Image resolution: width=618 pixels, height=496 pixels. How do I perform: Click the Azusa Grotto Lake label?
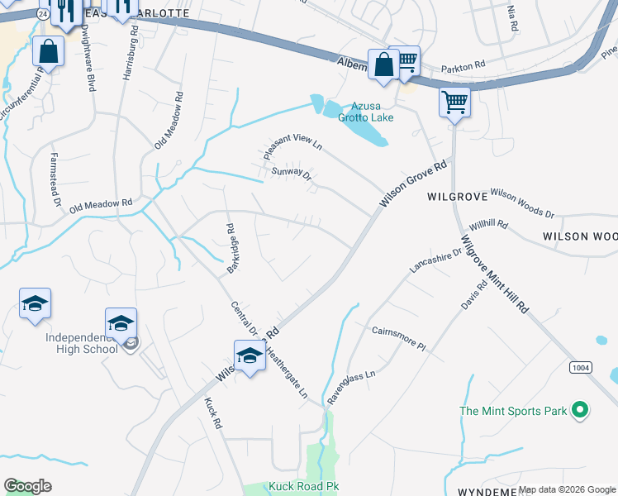point(365,112)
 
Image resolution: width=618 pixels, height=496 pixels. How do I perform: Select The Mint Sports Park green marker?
point(580,410)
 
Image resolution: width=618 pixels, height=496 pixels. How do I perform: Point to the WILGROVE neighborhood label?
point(454,198)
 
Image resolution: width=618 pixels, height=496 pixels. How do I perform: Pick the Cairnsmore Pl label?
point(397,337)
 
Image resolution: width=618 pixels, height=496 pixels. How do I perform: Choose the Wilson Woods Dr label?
point(522,203)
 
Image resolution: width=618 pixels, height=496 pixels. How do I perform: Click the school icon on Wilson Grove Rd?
point(249,356)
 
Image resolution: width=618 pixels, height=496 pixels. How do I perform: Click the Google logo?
point(27,486)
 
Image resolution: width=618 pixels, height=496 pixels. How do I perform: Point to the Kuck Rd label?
point(214,413)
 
